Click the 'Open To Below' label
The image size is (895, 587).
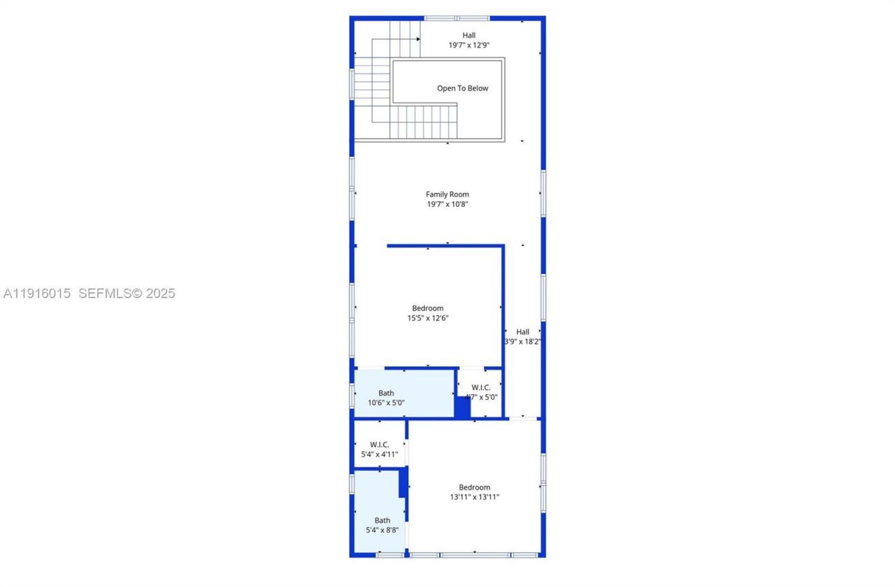(462, 88)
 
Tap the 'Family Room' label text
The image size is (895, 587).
(447, 194)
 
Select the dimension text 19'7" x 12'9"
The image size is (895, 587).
(468, 45)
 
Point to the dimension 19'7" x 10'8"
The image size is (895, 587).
(447, 204)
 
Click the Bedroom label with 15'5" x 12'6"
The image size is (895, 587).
(427, 308)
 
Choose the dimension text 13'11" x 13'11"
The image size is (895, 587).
(474, 497)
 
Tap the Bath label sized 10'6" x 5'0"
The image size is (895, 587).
(386, 393)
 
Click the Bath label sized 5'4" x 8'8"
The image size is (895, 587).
(382, 520)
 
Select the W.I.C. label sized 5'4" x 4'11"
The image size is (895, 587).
(380, 444)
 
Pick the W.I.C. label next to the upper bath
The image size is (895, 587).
(481, 387)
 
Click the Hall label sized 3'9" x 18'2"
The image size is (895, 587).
(523, 332)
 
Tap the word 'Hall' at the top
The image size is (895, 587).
(468, 35)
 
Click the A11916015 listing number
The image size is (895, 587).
(37, 293)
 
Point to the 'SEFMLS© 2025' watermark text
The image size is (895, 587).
(127, 293)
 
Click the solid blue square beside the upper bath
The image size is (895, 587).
(462, 407)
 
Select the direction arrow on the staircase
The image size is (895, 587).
(417, 39)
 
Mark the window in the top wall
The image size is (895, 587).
(457, 18)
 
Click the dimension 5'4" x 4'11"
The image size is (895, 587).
(380, 454)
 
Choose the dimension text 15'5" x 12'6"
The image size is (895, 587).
(427, 318)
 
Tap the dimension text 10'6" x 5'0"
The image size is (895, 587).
(386, 403)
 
